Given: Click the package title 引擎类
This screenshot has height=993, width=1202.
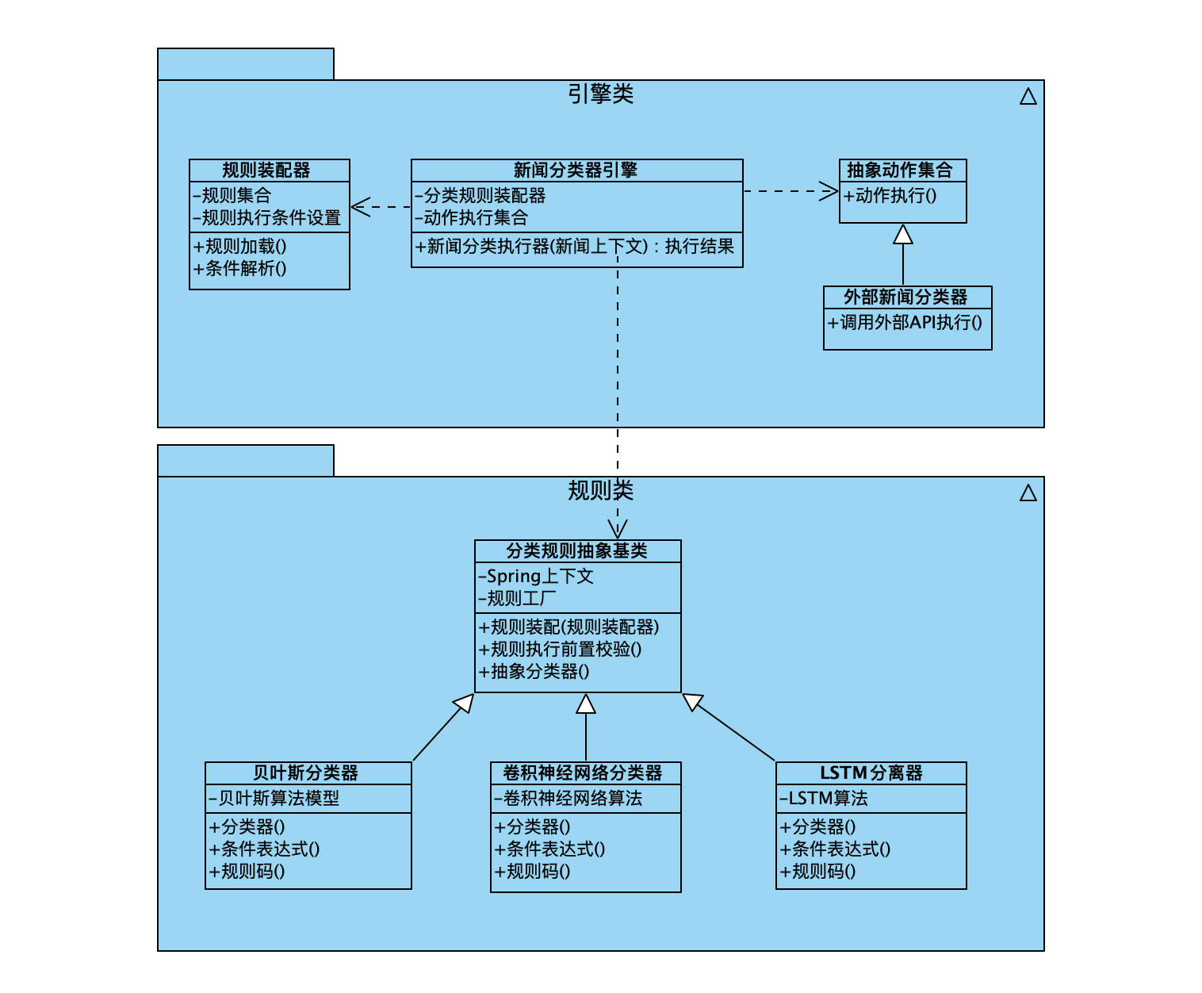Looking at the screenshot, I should (x=600, y=94).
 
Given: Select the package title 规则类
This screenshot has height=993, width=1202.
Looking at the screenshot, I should (x=600, y=491).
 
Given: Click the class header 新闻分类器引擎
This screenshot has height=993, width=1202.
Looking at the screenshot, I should (x=576, y=171).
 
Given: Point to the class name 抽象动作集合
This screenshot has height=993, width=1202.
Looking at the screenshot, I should (x=900, y=170).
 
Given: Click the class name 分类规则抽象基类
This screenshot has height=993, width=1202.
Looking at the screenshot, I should (x=576, y=551).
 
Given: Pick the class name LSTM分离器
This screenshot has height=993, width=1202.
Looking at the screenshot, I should (x=871, y=773).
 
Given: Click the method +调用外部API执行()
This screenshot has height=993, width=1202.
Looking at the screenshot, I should (x=905, y=322).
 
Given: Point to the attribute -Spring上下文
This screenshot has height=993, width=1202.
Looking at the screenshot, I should (x=537, y=577).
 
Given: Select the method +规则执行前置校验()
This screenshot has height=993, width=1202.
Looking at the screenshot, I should (x=561, y=650).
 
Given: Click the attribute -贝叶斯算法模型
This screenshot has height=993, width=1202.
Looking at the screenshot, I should (x=274, y=799).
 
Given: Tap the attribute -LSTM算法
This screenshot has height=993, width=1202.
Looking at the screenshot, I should (x=824, y=799).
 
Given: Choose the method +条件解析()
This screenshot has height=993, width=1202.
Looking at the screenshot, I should (x=240, y=269).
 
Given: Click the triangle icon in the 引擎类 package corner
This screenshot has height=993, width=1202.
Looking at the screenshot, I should (x=1028, y=97).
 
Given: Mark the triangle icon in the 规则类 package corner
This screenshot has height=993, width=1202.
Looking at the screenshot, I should (x=1028, y=493).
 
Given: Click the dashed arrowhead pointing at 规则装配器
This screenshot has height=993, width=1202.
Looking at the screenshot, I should (x=360, y=207).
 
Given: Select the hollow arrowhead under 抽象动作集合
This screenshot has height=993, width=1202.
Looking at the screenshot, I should (x=903, y=234).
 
